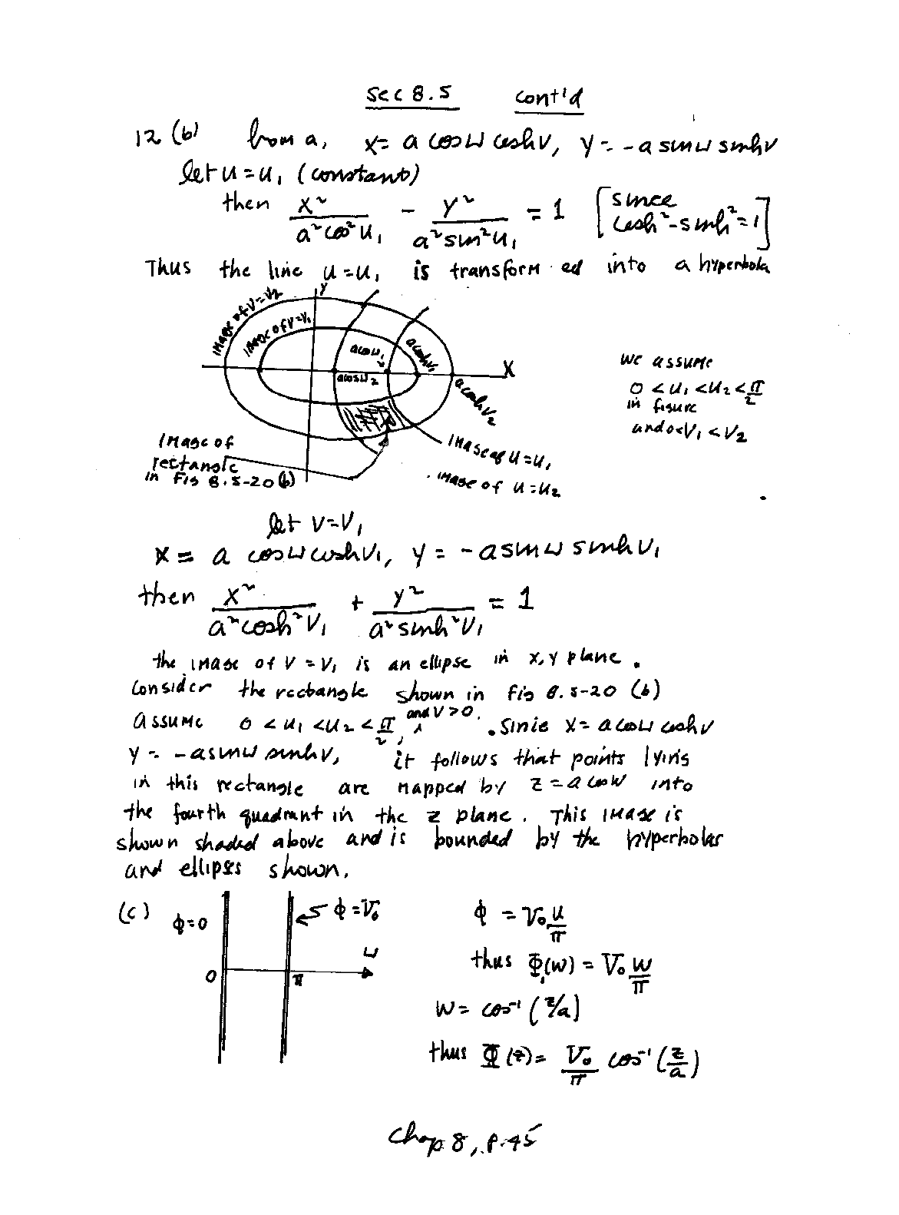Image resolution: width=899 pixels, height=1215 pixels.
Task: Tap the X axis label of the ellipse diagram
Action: coord(509,370)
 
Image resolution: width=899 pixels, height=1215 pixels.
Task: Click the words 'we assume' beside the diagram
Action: coord(665,362)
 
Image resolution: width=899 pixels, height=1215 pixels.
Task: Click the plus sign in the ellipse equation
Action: coord(356,604)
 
